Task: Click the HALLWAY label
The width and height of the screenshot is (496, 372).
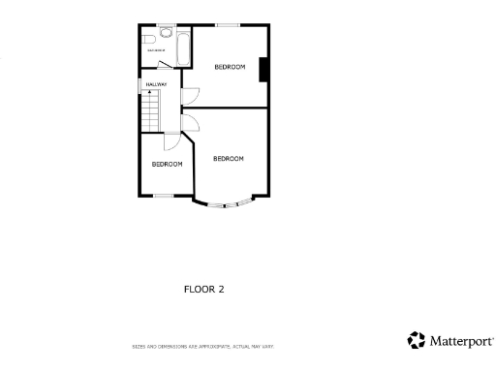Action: [156, 84]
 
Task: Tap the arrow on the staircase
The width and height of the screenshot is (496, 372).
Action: [149, 92]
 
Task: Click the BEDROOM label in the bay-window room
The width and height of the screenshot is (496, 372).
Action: [229, 159]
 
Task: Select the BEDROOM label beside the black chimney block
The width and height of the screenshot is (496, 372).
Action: [230, 67]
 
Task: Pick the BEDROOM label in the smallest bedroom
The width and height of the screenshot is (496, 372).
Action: [167, 165]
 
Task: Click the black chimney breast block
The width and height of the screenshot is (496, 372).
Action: [264, 70]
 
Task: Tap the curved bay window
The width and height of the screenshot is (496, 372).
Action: [229, 204]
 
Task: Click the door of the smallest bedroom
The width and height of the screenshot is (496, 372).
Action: [170, 141]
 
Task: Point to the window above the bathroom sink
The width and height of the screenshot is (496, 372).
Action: [162, 24]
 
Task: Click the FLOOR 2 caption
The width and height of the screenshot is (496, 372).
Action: [204, 288]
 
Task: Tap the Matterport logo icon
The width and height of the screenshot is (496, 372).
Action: [416, 340]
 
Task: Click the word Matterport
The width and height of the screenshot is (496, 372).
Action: [461, 341]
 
